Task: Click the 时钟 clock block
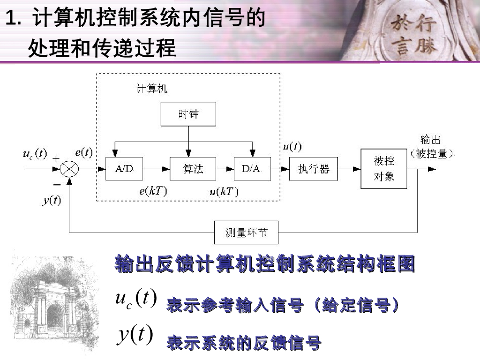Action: pyautogui.click(x=188, y=114)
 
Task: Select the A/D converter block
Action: pyautogui.click(x=124, y=169)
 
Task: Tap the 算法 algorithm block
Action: pyautogui.click(x=193, y=169)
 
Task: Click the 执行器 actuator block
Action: pyautogui.click(x=314, y=169)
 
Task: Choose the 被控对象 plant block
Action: pyautogui.click(x=383, y=169)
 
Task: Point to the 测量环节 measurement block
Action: pyautogui.click(x=246, y=232)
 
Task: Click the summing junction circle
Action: pyautogui.click(x=69, y=169)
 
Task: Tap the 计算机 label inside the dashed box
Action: pyautogui.click(x=151, y=89)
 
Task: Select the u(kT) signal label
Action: pyautogui.click(x=224, y=191)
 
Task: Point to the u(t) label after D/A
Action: pyautogui.click(x=292, y=146)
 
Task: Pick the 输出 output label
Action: pyautogui.click(x=430, y=140)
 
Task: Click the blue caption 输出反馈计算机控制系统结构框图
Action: pyautogui.click(x=265, y=264)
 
